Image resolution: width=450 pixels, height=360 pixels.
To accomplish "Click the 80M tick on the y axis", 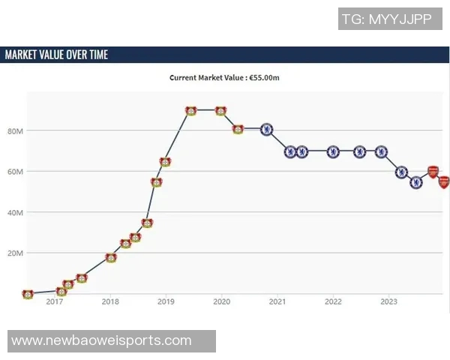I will pos(16,130).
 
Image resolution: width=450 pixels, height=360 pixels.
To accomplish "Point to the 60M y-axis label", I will pos(16,172).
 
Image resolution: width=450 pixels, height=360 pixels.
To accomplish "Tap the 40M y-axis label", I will pos(16,212).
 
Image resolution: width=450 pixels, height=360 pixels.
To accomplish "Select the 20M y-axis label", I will pos(16,253).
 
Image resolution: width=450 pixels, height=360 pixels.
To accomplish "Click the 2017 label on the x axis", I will pos(55,302).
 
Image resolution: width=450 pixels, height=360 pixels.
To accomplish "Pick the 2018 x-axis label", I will pos(110,302).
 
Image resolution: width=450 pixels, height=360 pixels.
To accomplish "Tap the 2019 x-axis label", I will pos(166,302).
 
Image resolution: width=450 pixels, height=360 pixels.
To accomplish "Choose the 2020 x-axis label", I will pos(221,302).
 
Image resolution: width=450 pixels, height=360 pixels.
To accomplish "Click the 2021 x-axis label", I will pos(277,302).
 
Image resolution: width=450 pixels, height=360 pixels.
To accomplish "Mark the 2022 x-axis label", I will pos(333,302).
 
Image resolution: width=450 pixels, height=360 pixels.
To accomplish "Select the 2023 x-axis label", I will pos(388,302).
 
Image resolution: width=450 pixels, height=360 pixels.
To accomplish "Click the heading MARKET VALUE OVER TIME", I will pos(57,55).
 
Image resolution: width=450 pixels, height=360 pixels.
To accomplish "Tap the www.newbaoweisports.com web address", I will pos(101,341).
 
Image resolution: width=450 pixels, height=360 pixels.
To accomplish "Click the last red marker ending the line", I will pos(444,182).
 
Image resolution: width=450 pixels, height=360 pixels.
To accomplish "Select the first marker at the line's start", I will pos(28,294).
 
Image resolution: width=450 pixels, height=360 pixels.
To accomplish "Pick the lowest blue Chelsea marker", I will pos(416,182).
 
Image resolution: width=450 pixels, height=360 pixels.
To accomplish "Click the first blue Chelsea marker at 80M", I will pos(266,129).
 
